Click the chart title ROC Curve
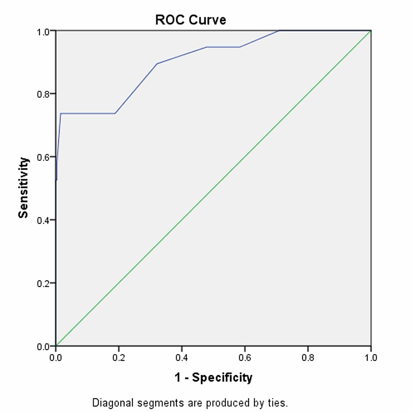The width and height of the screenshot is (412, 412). [191, 20]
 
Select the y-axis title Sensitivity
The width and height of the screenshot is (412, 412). [24, 188]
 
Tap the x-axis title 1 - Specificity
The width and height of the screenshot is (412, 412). [213, 378]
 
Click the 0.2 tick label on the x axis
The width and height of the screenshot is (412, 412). [119, 358]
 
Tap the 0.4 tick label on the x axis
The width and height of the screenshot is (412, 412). [182, 358]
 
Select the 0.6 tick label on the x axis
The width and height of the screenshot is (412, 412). [245, 358]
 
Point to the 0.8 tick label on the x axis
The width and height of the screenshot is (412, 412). [308, 358]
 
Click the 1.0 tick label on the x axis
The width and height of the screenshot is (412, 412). [371, 358]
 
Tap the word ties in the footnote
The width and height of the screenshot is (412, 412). [277, 403]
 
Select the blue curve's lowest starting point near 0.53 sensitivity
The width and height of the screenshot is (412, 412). [56, 180]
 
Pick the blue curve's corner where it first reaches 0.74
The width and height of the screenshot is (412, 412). [61, 113]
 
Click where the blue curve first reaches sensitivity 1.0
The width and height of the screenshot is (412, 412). [279, 31]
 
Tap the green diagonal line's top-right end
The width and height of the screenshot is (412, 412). [371, 31]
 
